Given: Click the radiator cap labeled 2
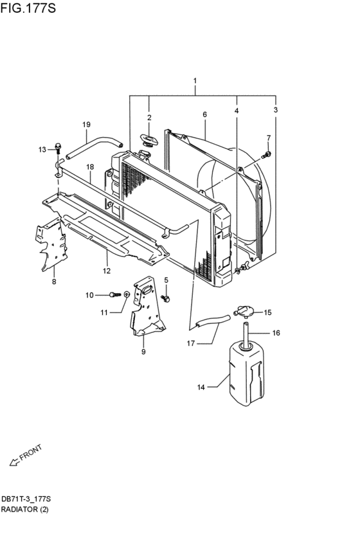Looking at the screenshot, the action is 149,141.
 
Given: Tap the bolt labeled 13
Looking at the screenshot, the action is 59,148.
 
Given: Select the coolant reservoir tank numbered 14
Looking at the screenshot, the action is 246,373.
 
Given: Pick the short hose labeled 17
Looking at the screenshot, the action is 213,321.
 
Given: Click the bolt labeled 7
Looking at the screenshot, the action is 266,155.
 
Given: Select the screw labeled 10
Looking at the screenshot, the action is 115,295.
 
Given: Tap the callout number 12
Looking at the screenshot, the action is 107,271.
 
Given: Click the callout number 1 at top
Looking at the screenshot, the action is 195,80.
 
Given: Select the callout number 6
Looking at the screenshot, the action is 205,114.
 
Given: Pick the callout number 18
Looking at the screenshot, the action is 90,167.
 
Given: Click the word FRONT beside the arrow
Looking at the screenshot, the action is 31,453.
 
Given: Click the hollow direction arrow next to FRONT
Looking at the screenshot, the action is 14,463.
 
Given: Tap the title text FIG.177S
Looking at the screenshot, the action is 28,8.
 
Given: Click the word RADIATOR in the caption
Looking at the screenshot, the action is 19,509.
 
